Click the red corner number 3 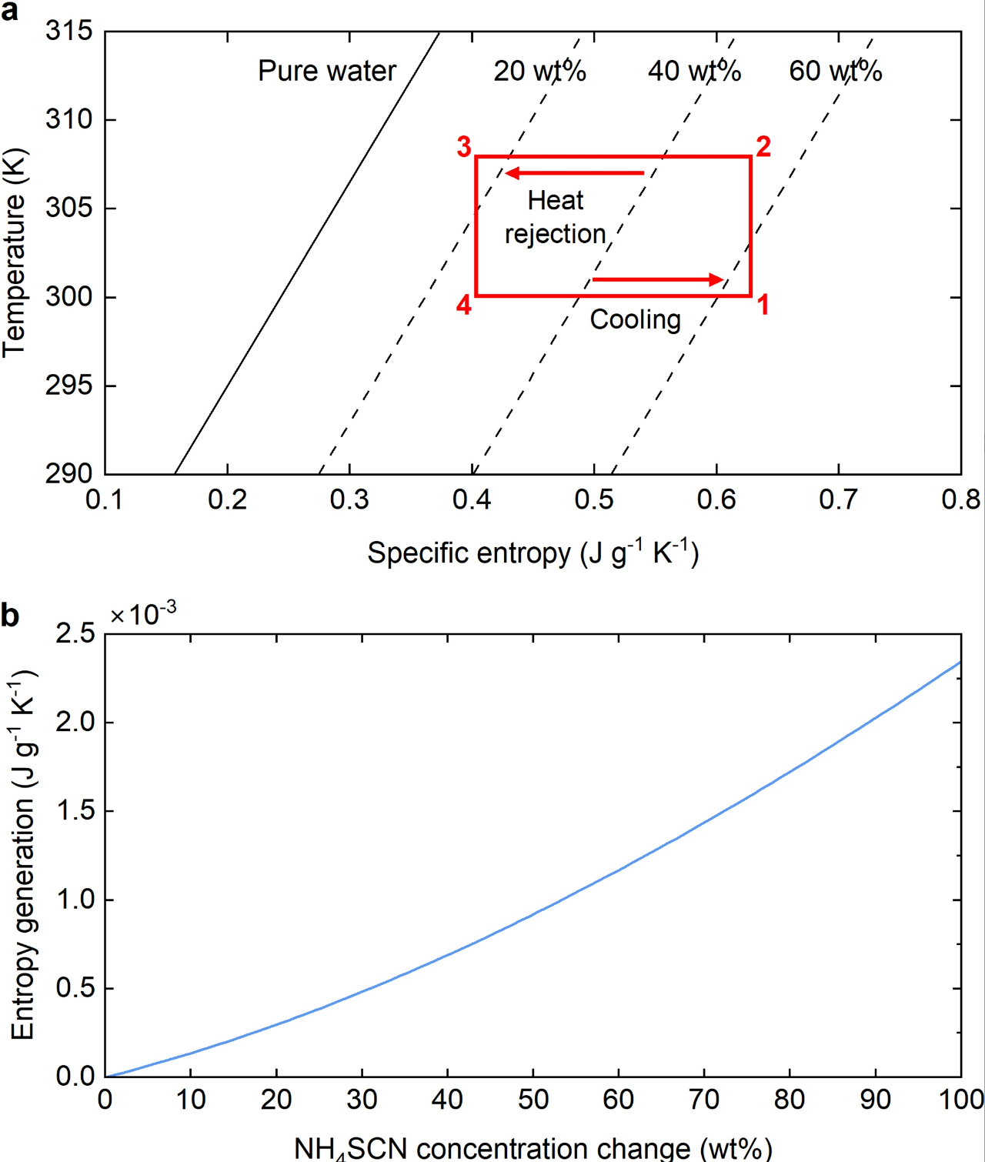tap(464, 146)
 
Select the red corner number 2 tap(763, 146)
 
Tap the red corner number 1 tap(763, 305)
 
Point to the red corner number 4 tap(463, 306)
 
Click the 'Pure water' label tap(326, 71)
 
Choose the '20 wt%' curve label tap(539, 71)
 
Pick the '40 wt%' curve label tap(694, 71)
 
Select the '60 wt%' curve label tap(835, 71)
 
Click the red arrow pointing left tap(574, 173)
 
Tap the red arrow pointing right tap(659, 279)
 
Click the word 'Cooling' tap(635, 319)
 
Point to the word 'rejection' tap(555, 234)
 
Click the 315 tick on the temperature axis tap(68, 32)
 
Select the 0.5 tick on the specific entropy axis tap(594, 500)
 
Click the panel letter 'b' tap(10, 616)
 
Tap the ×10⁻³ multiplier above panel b tap(143, 614)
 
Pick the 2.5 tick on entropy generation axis tap(75, 634)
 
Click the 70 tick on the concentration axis tap(703, 1100)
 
